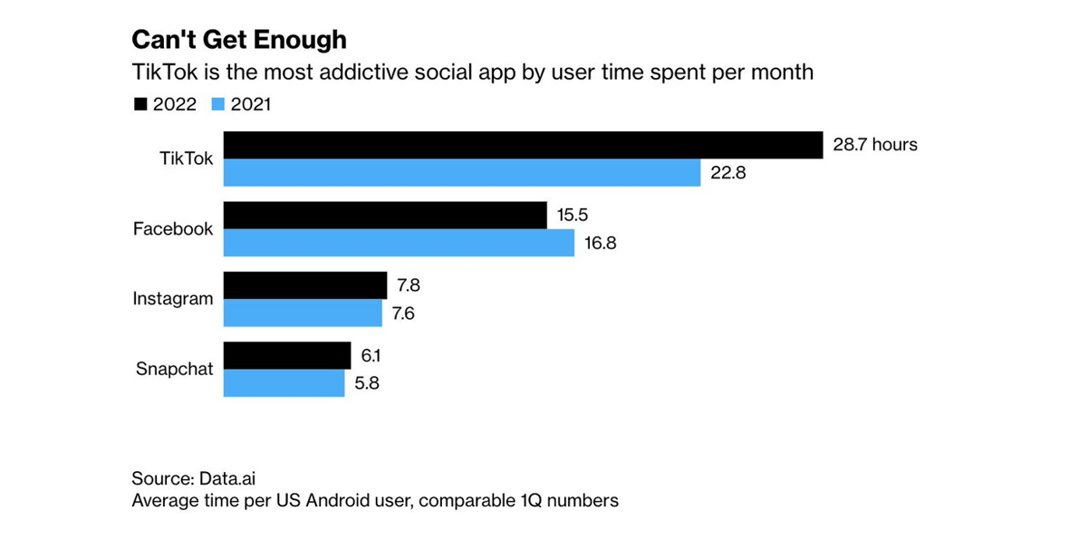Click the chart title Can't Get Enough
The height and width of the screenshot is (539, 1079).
238,41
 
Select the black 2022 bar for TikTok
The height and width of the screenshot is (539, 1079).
523,145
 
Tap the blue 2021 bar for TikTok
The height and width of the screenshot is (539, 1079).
462,173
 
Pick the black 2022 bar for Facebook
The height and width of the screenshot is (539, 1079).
385,216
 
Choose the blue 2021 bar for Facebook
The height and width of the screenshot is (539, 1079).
399,243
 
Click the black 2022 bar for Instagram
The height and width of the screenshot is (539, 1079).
305,285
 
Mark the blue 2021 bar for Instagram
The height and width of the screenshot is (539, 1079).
303,313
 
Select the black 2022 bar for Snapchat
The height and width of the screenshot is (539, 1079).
287,355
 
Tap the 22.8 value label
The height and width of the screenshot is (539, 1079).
728,173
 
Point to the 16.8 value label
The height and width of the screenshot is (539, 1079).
602,243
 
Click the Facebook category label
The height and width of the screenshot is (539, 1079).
173,229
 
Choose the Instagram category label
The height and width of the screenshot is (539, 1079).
173,298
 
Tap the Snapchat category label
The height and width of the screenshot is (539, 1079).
175,369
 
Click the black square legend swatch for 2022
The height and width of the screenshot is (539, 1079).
140,105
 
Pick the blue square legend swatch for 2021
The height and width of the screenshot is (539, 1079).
217,105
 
